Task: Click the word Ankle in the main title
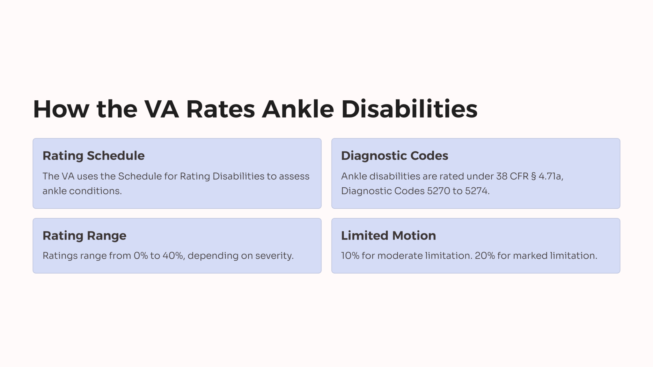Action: pyautogui.click(x=298, y=109)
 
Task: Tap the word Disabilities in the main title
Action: pyautogui.click(x=409, y=109)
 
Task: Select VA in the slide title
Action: pyautogui.click(x=161, y=109)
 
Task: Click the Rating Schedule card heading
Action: pyautogui.click(x=93, y=156)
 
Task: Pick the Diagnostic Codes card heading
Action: pyautogui.click(x=394, y=156)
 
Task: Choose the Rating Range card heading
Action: pyautogui.click(x=84, y=236)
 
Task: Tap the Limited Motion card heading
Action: pyautogui.click(x=388, y=236)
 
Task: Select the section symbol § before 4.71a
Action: pyautogui.click(x=533, y=176)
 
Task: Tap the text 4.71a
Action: pyautogui.click(x=550, y=176)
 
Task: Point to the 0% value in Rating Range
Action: pyautogui.click(x=141, y=256)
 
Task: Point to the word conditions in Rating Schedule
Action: pyautogui.click(x=95, y=191)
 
